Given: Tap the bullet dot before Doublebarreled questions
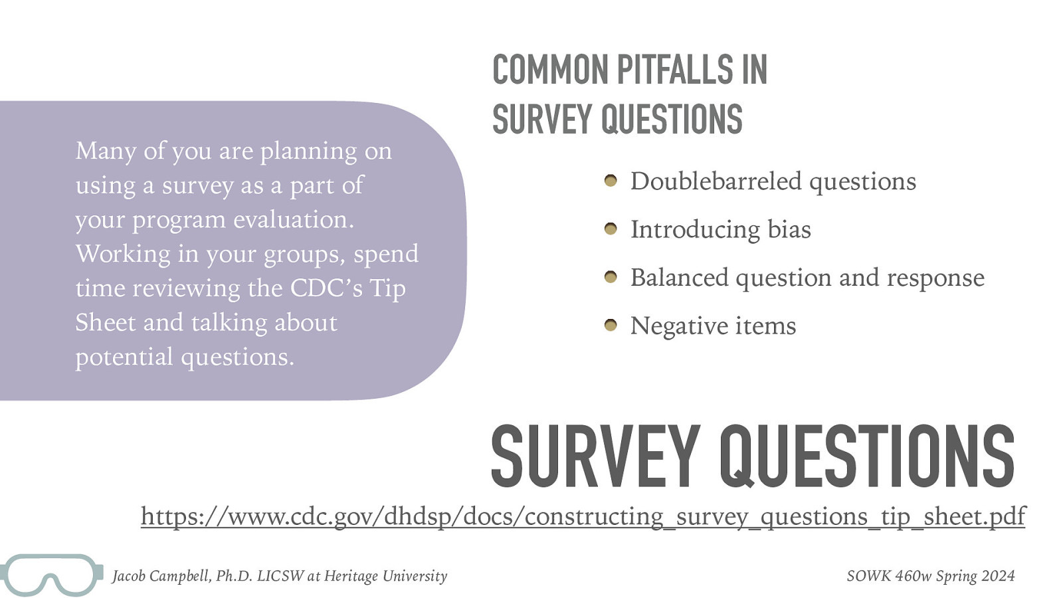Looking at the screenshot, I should pos(611,181).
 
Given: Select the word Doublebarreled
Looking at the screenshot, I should pos(716,181).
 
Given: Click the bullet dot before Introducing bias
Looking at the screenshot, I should pos(611,229).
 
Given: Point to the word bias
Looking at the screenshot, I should pos(789,230).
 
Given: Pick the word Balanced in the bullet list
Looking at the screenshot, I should pos(679,278).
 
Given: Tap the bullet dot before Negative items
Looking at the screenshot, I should pos(611,326).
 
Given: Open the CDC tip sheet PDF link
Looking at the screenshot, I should pos(583,516).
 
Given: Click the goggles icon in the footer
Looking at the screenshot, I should pos(52,575).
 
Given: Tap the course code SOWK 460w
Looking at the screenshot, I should pos(889,576).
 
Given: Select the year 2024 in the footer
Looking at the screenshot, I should pos(998,576).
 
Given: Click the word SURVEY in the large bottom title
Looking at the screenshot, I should pos(595,457).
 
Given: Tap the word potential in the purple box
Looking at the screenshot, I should pos(124,357).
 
